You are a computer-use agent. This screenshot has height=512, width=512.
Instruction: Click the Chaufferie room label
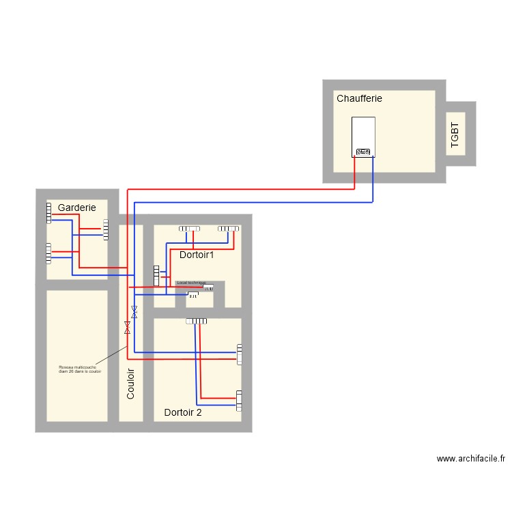click(x=359, y=98)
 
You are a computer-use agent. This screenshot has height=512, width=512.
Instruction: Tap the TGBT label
click(x=455, y=134)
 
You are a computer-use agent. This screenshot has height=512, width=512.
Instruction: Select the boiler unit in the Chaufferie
click(x=363, y=137)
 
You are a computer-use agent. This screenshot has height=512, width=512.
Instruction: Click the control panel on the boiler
click(x=363, y=152)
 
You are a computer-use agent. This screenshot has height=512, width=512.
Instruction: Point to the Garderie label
click(x=82, y=208)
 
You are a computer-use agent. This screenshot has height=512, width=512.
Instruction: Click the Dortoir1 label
click(x=197, y=255)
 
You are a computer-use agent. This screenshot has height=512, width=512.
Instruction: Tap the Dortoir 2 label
click(x=183, y=412)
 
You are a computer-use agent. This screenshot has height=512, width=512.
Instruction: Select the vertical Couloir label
click(x=131, y=384)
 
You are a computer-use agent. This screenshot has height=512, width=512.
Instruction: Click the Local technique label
click(x=191, y=283)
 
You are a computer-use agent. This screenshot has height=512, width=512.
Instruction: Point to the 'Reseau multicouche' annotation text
click(x=79, y=369)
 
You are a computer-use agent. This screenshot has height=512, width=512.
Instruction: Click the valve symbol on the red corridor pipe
click(x=127, y=328)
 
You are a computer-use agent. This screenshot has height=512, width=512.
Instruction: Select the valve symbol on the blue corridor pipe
click(x=134, y=313)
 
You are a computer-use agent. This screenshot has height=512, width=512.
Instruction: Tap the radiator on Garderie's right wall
click(x=106, y=229)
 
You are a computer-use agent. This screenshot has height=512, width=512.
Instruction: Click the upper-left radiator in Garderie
click(x=49, y=213)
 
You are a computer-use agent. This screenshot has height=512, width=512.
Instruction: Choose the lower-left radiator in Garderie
click(x=48, y=253)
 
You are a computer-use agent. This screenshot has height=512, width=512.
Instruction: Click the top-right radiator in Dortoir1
click(x=228, y=229)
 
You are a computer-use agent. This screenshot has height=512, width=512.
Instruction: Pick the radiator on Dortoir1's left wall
click(x=156, y=275)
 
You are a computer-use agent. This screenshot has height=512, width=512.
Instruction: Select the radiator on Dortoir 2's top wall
click(x=197, y=322)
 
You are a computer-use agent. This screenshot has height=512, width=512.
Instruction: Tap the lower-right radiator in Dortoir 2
click(x=239, y=400)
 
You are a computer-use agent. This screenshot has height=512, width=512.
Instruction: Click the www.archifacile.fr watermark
click(x=470, y=459)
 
